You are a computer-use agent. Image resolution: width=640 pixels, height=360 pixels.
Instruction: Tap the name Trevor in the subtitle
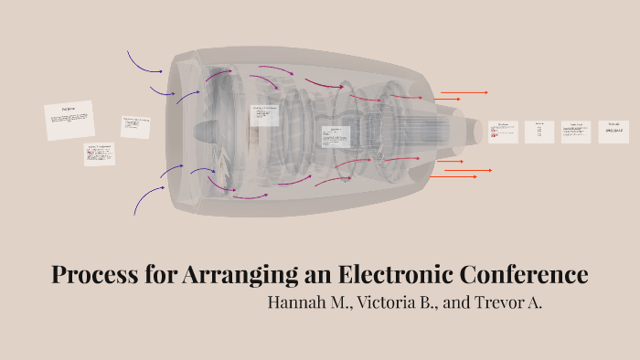tap(499, 302)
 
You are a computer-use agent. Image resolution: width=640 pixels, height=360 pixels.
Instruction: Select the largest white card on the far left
tap(69, 121)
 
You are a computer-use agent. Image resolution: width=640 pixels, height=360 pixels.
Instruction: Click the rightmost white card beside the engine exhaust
tap(613, 132)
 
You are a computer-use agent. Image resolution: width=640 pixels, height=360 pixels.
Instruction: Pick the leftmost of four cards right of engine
tap(503, 132)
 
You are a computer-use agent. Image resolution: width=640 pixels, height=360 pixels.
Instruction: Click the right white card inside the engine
tap(334, 136)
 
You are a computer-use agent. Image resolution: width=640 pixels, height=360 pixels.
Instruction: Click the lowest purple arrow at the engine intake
tap(146, 198)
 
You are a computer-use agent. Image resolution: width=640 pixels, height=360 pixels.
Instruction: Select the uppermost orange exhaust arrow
tap(464, 92)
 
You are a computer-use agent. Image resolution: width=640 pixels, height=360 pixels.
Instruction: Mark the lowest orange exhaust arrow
tap(457, 177)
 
